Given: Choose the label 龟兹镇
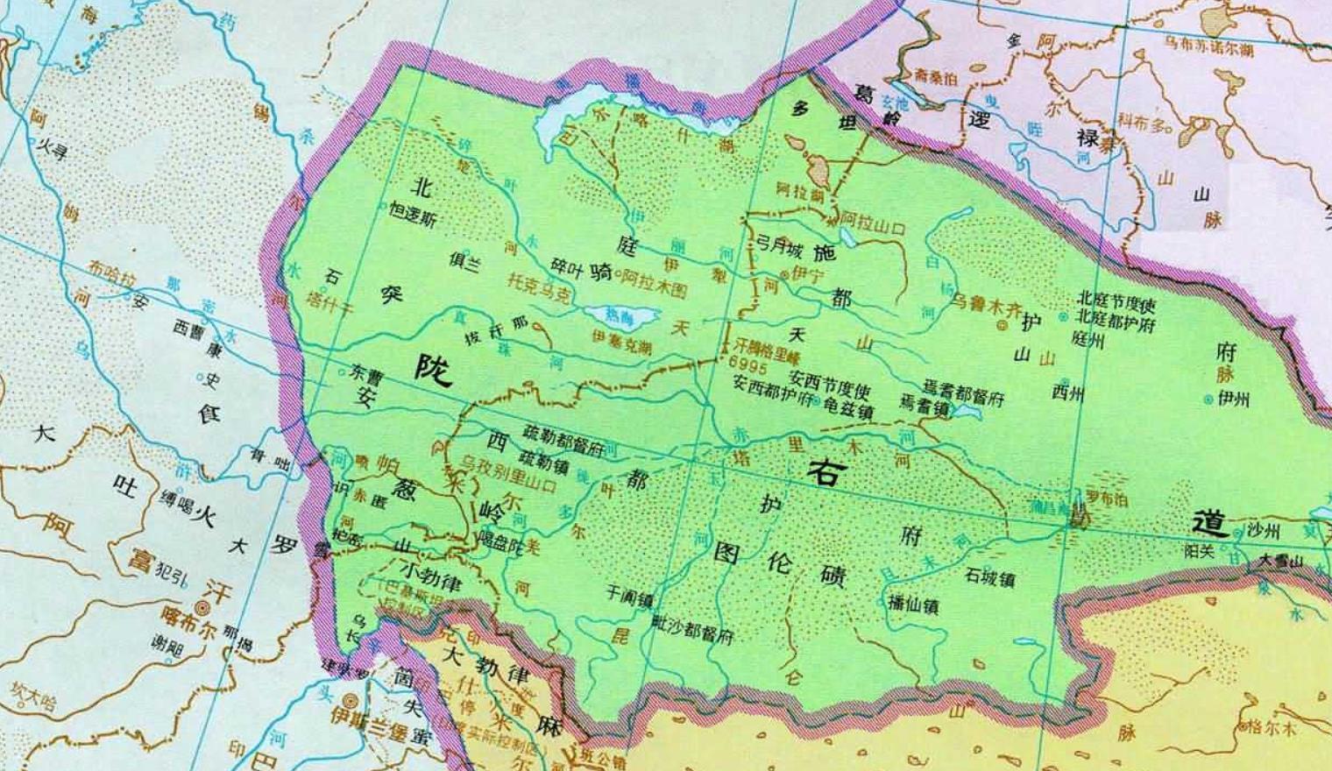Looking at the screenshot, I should point(849,405).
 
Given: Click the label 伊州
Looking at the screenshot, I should point(1233,400).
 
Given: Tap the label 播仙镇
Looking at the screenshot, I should point(912,605).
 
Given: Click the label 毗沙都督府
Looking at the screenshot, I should point(692,631).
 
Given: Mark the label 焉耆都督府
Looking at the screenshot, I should point(963,392).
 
